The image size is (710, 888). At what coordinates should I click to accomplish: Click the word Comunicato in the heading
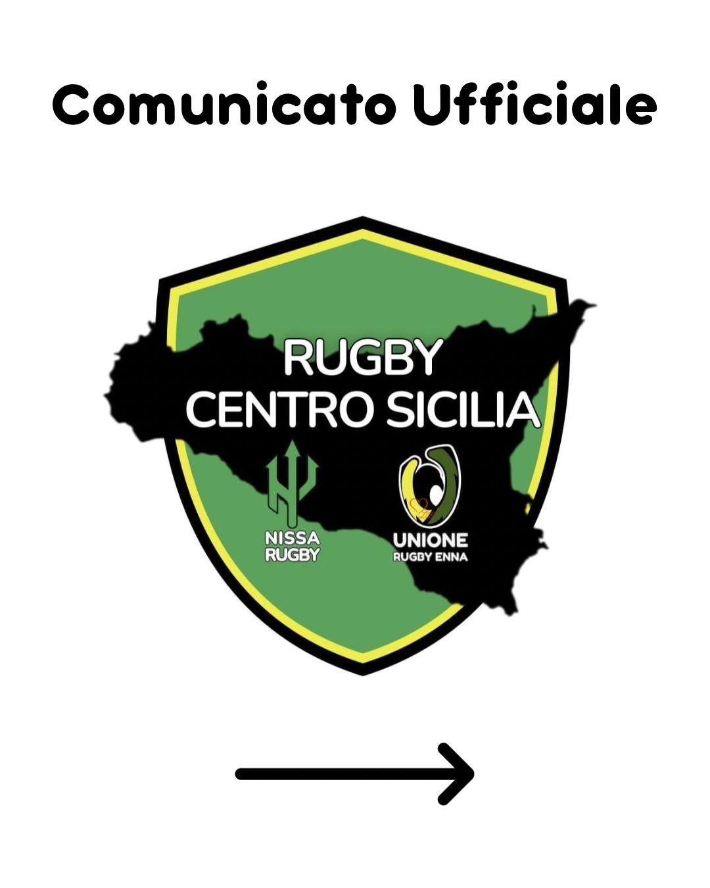pos(224,105)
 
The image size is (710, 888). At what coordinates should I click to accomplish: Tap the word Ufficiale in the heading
pos(534,105)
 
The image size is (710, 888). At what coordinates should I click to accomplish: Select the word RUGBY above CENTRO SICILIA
pos(362,358)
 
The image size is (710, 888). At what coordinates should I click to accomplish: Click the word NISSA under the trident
pos(292,539)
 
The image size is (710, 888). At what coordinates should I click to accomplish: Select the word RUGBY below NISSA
pos(292,555)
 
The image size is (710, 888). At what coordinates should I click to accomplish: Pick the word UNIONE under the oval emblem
pos(431,540)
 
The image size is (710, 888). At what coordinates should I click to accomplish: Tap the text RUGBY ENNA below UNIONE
pos(431,557)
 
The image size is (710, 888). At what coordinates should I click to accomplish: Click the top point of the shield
pos(362,219)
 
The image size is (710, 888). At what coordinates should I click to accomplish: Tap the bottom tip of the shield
pos(362,672)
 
